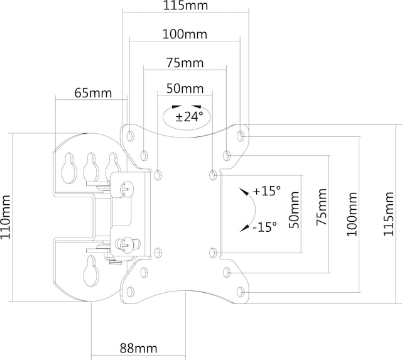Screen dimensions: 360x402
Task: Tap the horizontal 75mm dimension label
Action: click(x=184, y=63)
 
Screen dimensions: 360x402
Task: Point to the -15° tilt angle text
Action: click(x=264, y=227)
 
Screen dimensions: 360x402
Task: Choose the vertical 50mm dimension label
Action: click(x=293, y=214)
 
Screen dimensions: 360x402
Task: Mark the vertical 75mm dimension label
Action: click(x=320, y=214)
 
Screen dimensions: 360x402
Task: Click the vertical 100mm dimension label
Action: click(x=351, y=214)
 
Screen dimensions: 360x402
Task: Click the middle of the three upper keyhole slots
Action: click(x=91, y=165)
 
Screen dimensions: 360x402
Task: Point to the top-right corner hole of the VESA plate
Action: click(x=241, y=135)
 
